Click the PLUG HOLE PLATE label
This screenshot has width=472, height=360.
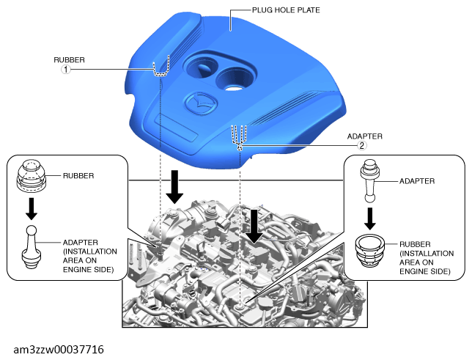(x=286, y=10)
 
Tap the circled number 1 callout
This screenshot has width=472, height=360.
(x=66, y=70)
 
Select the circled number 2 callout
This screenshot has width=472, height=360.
(x=362, y=146)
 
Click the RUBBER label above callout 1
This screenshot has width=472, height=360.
(x=69, y=60)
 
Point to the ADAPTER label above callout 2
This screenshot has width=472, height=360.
(x=365, y=136)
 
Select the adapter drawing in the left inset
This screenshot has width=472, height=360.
(x=32, y=247)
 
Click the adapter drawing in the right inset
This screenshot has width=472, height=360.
(x=370, y=181)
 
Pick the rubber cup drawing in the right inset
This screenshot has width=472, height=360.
(x=370, y=251)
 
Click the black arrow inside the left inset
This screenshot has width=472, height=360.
(x=32, y=209)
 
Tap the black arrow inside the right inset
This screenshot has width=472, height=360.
(x=370, y=218)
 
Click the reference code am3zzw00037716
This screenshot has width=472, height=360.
(x=59, y=350)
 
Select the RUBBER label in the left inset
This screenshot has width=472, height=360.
(x=78, y=176)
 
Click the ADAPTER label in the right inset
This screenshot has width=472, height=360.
(x=417, y=181)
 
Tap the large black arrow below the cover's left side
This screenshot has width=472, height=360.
(x=174, y=187)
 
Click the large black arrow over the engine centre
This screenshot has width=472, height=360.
(x=254, y=227)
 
